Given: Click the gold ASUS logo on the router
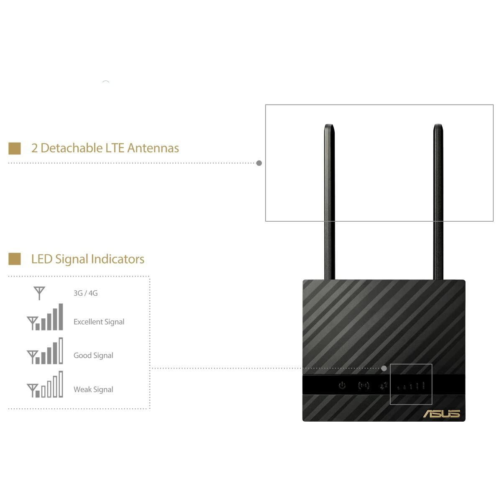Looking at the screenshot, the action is pos(441,414).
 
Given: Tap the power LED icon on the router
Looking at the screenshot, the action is pos(342,385).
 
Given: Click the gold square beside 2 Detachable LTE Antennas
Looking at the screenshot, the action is pos(15,148).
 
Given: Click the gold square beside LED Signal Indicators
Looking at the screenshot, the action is pos(15,259).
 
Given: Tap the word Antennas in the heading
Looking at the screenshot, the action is pos(153,148).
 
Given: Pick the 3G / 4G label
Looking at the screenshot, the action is pos(85,293).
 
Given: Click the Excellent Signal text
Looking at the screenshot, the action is pos(99,322).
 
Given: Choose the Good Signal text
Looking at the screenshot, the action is pos(93,356).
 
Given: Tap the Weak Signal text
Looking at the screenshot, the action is pos(93,389).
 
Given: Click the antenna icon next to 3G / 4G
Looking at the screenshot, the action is pos(39,293).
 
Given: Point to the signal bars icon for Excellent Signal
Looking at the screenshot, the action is pos(45,317).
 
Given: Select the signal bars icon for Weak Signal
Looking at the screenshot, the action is pos(45,384).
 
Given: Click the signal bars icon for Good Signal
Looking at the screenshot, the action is pos(45,351).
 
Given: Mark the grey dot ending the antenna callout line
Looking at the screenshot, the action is pos(259,163).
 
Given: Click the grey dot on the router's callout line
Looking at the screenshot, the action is pos(384,369).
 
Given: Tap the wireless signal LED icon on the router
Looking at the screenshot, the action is pos(364,385).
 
